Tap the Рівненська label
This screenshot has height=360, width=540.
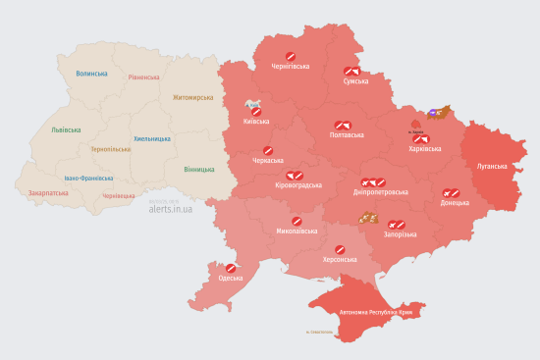[x=144, y=77]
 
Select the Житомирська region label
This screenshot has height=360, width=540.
[x=192, y=98]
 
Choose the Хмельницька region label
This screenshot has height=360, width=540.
[x=152, y=138]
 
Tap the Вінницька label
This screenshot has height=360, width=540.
[x=200, y=169]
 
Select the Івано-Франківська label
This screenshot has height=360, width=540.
[x=88, y=179]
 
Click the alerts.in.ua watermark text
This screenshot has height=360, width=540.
[x=171, y=208]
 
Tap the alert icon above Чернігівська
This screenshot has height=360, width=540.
[x=290, y=55]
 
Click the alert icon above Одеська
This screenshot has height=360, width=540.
[x=231, y=268]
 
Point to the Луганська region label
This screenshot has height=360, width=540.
[x=492, y=167]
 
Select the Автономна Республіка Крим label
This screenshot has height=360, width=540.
[x=382, y=313]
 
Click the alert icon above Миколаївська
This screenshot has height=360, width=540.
[x=297, y=221]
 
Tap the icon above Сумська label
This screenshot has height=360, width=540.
[x=351, y=71]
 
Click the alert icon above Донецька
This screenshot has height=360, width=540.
[x=451, y=193]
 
